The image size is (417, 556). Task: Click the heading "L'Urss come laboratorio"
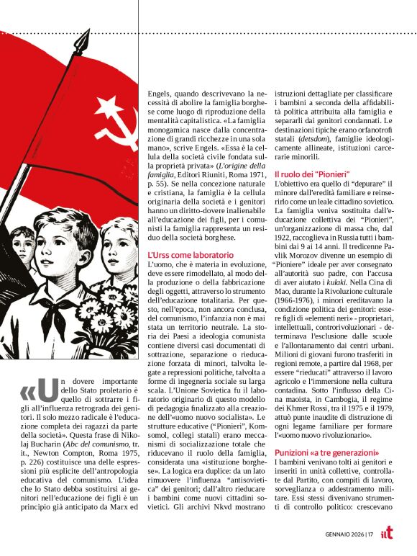click(x=190, y=255)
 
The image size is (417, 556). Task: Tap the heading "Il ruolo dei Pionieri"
click(x=311, y=174)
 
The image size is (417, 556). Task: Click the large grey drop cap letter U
click(x=49, y=388)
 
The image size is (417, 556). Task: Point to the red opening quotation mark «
click(x=28, y=391)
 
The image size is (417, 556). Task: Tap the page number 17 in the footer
click(x=368, y=534)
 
